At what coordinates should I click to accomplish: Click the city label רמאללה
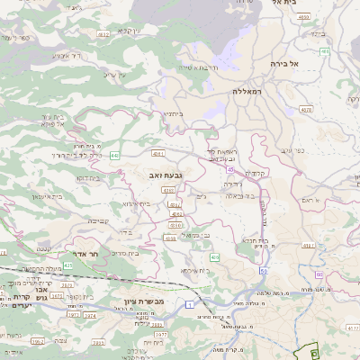coord(245,92)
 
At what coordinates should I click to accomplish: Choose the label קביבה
coord(99,220)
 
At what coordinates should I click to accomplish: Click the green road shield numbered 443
coord(114,156)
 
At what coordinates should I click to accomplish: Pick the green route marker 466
coord(324,52)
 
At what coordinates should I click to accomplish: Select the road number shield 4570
coord(306,109)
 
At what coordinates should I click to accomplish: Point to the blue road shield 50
coord(264,270)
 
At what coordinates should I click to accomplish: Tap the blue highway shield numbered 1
coord(191,305)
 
